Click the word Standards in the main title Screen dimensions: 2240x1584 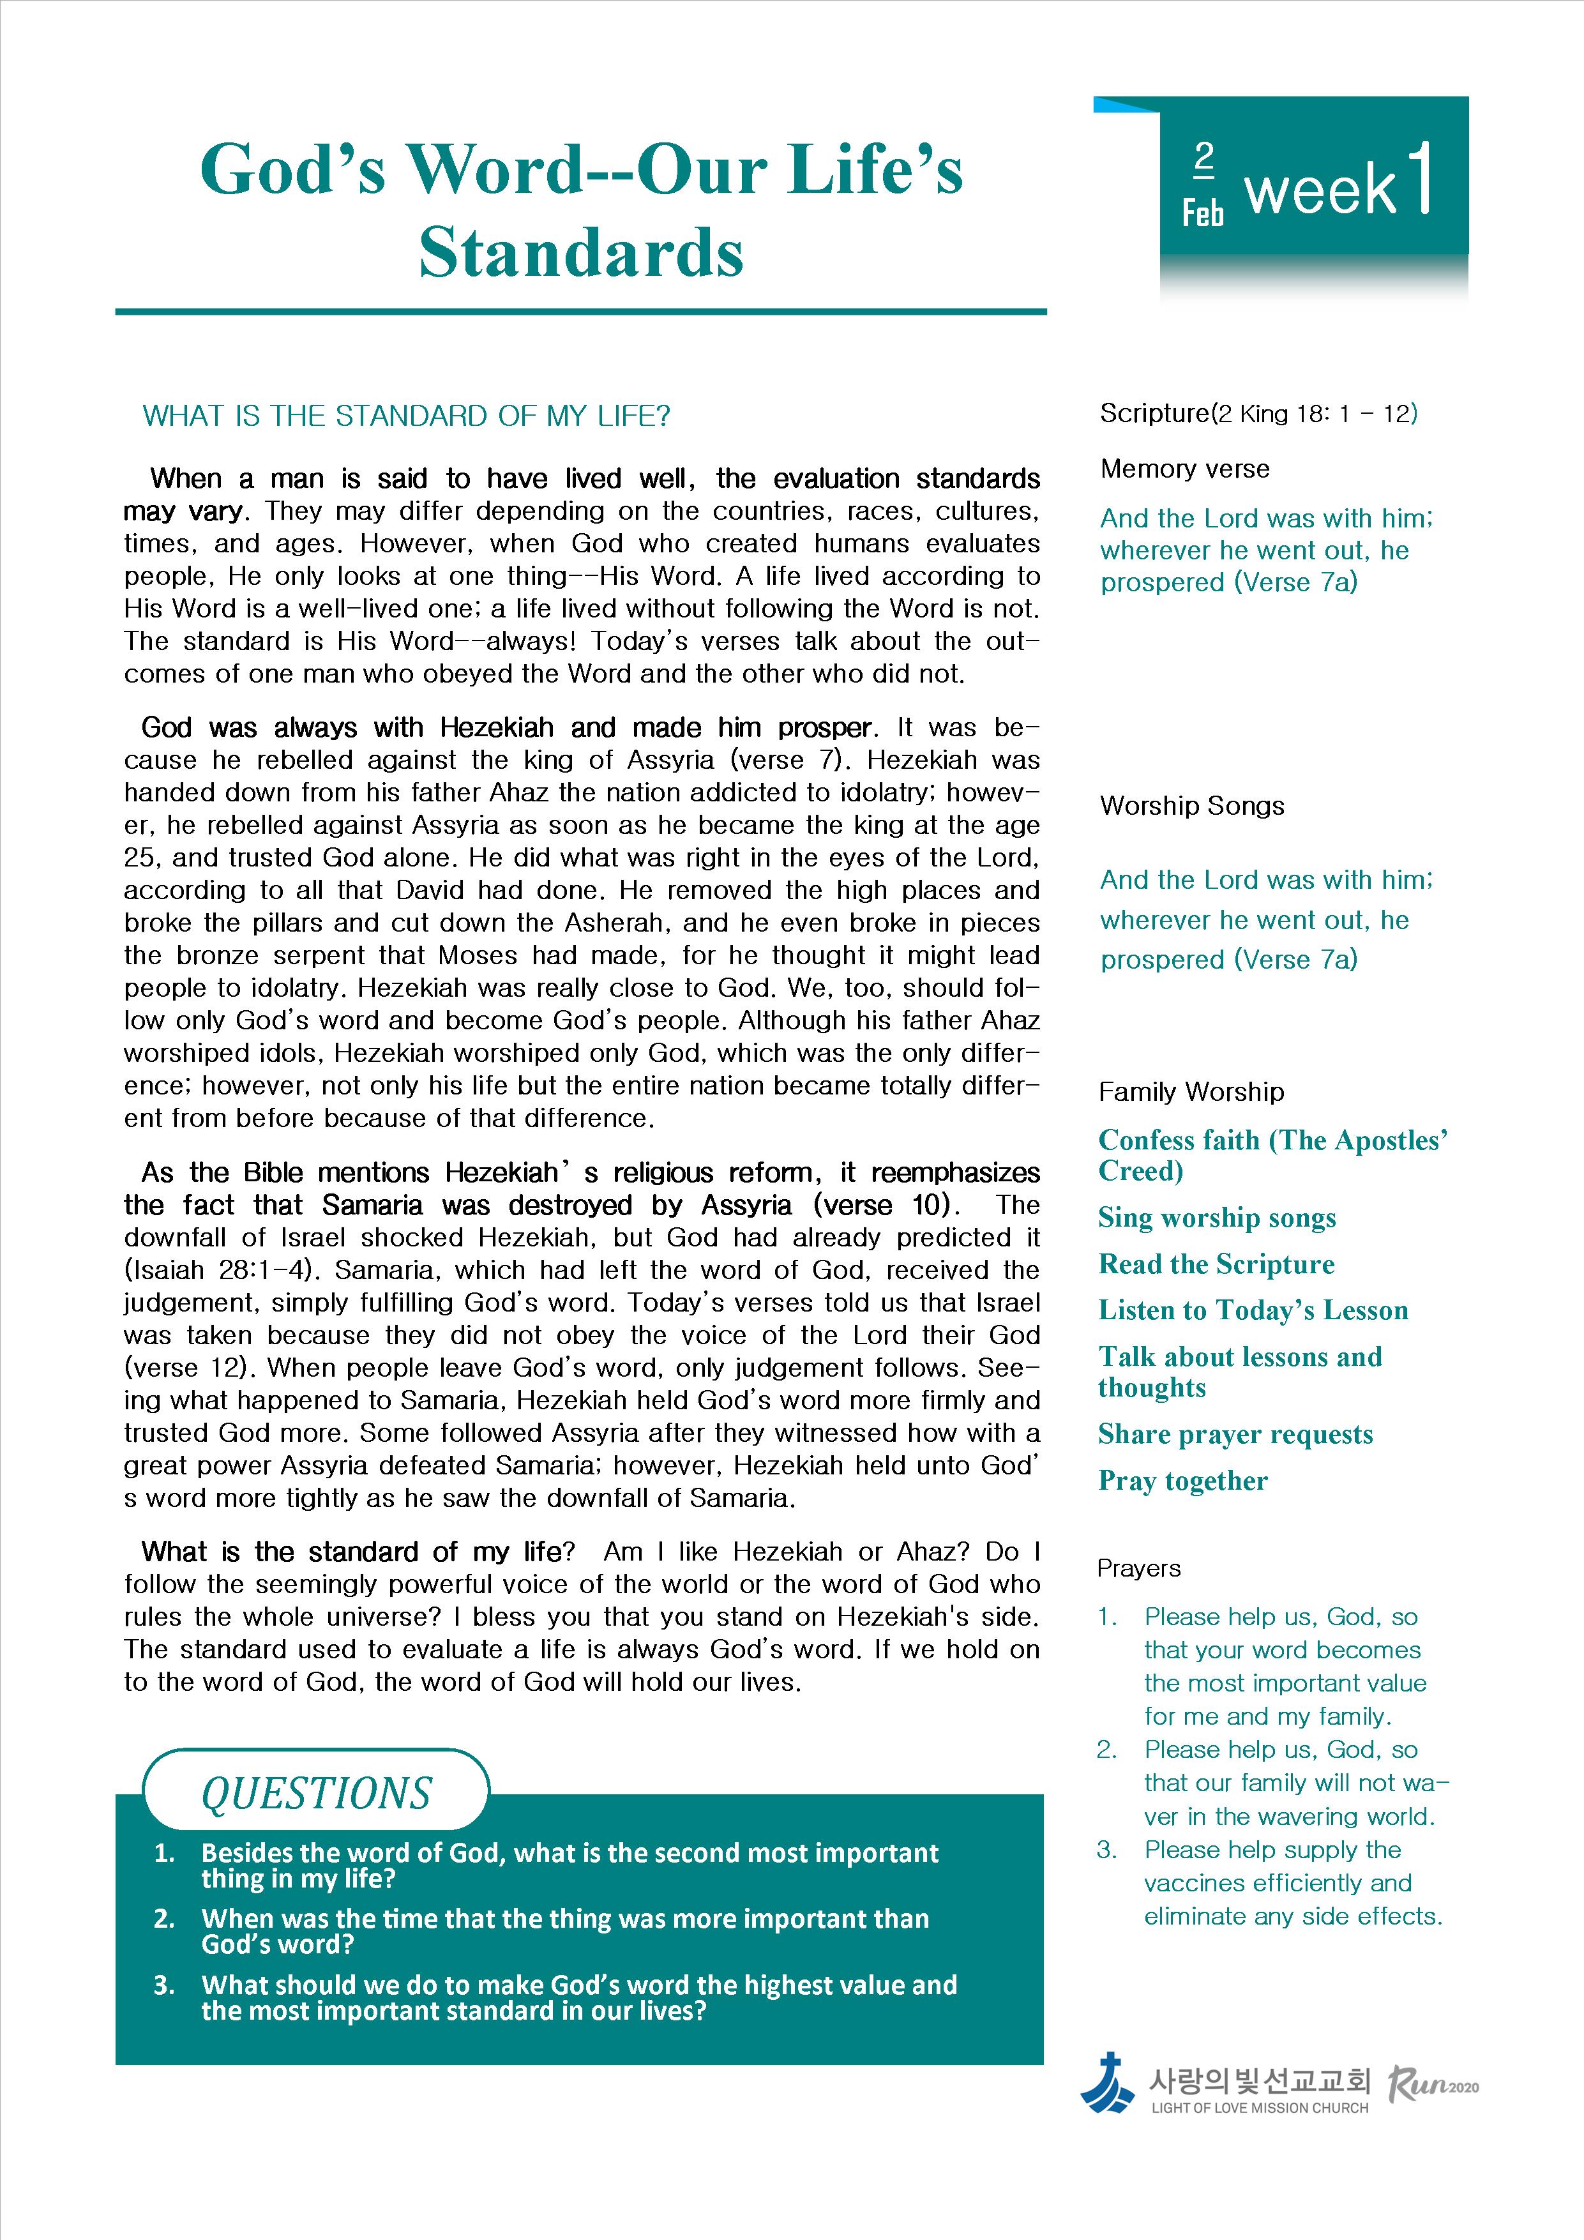tap(582, 253)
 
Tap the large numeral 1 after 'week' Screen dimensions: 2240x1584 tap(1422, 179)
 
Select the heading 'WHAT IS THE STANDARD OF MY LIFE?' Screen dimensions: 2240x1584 tap(407, 416)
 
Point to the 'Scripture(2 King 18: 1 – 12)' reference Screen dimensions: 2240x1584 tap(1258, 414)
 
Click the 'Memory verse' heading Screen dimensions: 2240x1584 tap(1184, 469)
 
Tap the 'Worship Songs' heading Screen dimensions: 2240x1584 tap(1192, 806)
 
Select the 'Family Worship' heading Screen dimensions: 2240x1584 tap(1191, 1092)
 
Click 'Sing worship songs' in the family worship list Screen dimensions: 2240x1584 tap(1216, 1218)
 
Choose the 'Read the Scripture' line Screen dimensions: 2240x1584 tap(1216, 1264)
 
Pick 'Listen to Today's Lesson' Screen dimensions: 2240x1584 tap(1253, 1310)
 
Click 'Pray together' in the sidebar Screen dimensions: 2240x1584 tap(1182, 1481)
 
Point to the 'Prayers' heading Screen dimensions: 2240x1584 tap(1138, 1569)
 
